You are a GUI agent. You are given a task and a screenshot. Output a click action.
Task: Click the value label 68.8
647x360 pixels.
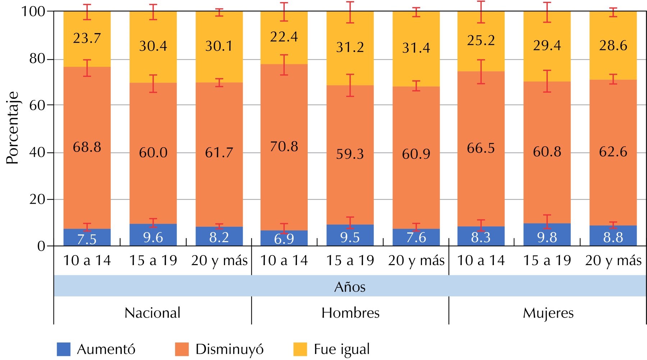(x=87, y=147)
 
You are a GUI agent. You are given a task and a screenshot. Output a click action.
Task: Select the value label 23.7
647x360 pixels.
(x=87, y=38)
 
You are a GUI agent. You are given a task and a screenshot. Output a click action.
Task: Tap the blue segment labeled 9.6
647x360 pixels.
(x=153, y=235)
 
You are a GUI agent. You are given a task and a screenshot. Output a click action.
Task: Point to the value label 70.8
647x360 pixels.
(x=284, y=146)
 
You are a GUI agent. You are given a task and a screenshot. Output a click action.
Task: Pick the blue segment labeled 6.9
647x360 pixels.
(x=284, y=238)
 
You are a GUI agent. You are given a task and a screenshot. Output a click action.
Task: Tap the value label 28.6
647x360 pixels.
(x=613, y=46)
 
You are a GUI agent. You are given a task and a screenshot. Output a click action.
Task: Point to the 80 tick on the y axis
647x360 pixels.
(x=37, y=59)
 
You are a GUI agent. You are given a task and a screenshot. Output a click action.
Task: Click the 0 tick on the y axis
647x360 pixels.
(x=41, y=246)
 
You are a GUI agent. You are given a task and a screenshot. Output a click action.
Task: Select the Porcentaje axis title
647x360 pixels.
(x=13, y=128)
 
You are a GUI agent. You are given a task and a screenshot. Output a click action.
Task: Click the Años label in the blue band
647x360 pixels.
(x=350, y=287)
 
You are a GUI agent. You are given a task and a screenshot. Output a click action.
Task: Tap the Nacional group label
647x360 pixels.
(x=152, y=313)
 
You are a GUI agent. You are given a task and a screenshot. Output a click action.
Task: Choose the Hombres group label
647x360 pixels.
(x=350, y=313)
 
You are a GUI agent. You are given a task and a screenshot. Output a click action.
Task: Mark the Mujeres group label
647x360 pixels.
(x=548, y=313)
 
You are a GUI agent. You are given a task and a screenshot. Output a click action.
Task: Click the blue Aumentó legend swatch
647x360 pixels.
(x=64, y=349)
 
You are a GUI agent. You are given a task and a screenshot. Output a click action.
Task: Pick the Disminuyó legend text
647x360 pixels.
(x=229, y=349)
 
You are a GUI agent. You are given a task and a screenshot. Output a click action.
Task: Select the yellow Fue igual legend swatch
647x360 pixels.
(x=300, y=349)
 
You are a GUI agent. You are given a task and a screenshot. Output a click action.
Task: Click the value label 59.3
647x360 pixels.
(x=350, y=154)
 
